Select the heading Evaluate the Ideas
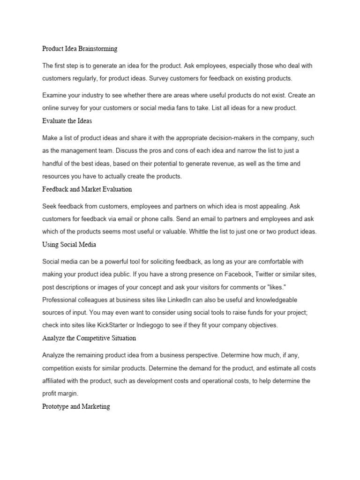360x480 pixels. pos(67,120)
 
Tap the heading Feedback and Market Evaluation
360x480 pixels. pos(87,189)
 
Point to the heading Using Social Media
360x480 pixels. pos(69,245)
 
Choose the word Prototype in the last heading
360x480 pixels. pos(55,406)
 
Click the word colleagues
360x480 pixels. pos(91,300)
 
